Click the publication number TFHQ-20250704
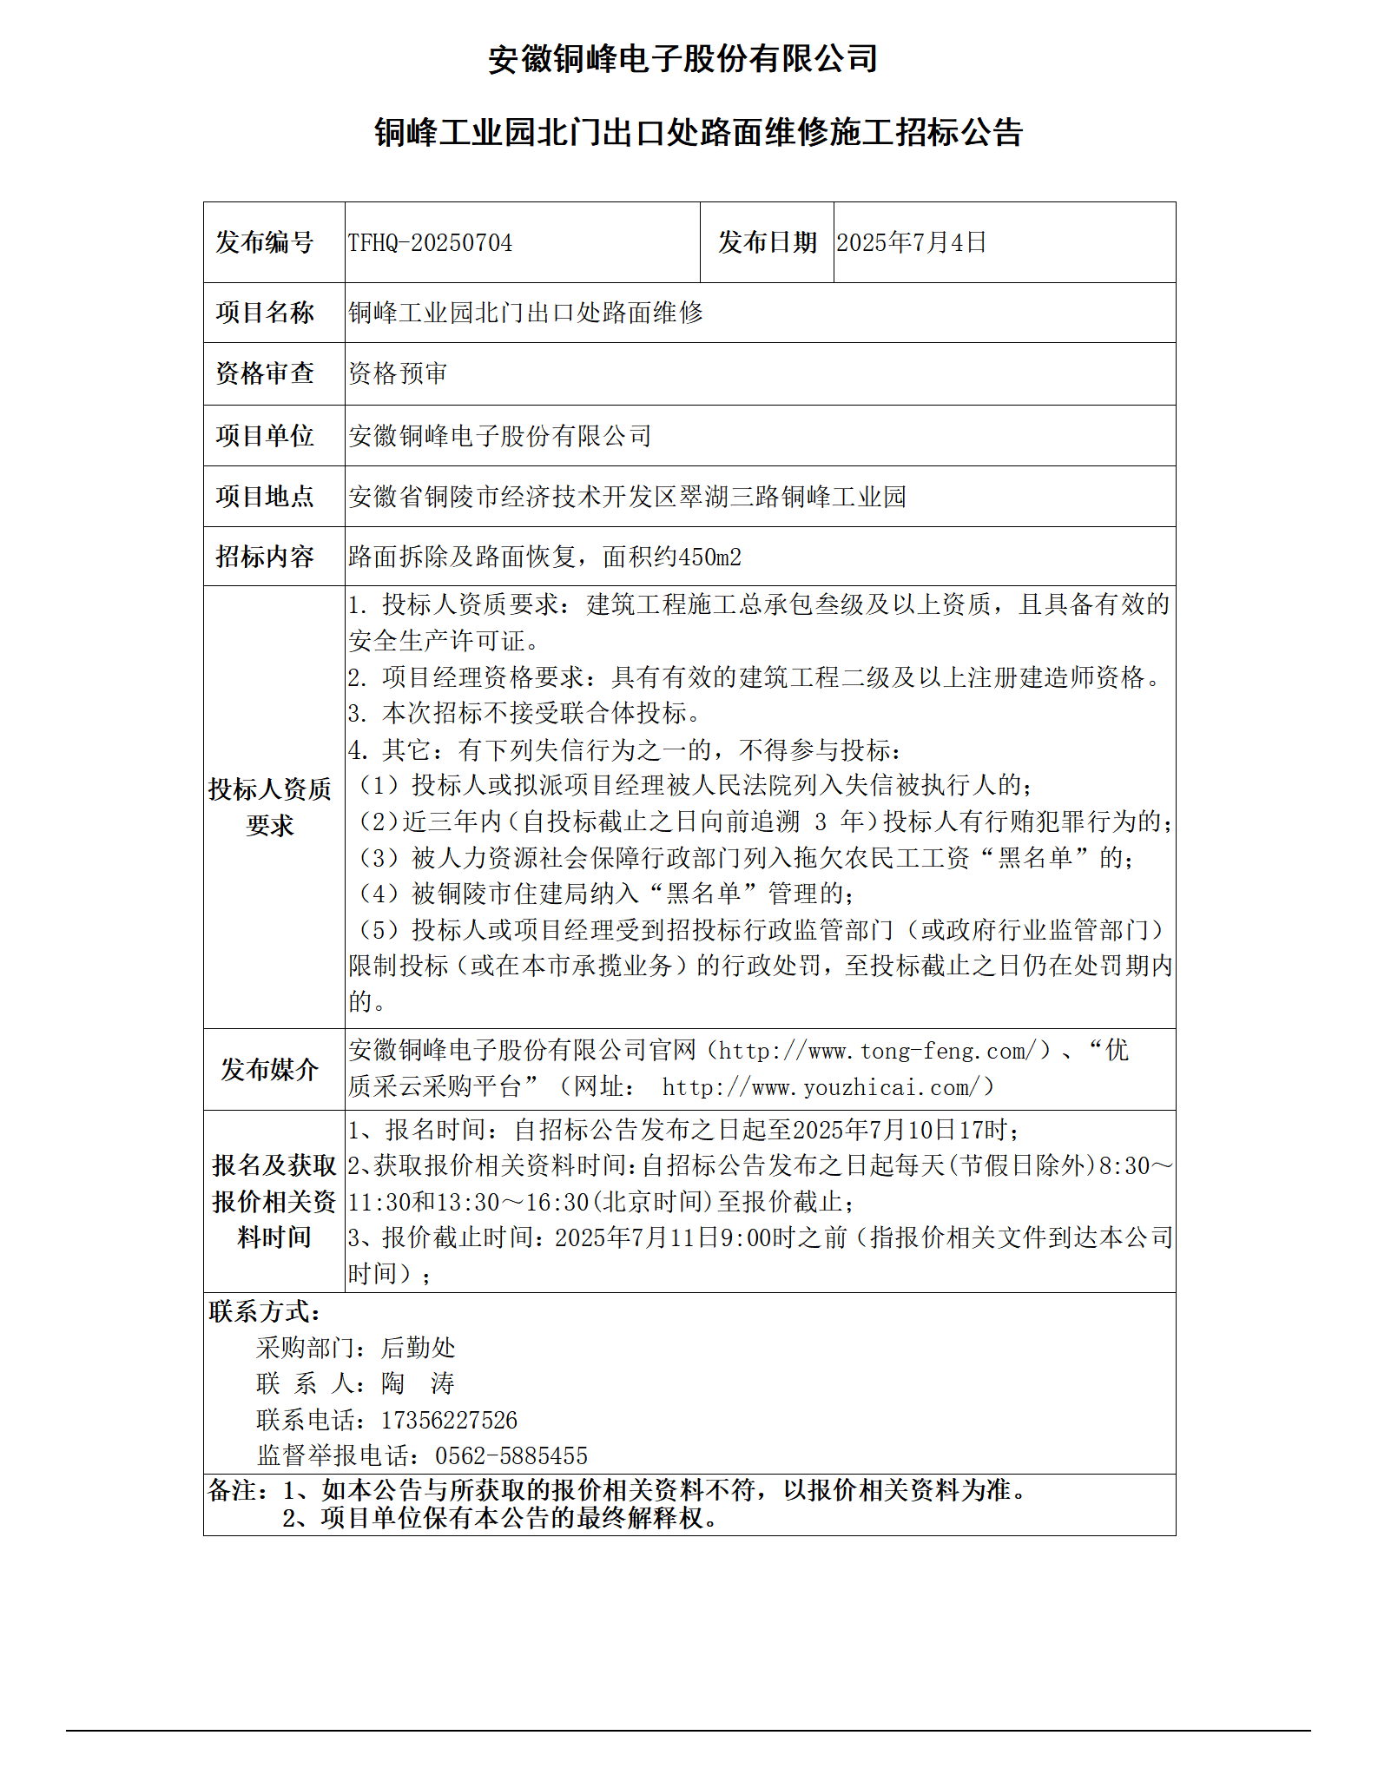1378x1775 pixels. [x=431, y=242]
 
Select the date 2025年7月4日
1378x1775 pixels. [x=911, y=242]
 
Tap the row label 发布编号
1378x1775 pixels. [x=265, y=242]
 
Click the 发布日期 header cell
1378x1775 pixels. [x=767, y=242]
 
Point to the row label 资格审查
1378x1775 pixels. [x=265, y=373]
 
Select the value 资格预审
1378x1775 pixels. [x=398, y=373]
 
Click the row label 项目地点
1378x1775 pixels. [x=265, y=497]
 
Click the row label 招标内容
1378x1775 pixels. [x=265, y=557]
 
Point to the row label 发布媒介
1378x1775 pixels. [x=269, y=1069]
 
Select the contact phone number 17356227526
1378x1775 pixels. [x=449, y=1421]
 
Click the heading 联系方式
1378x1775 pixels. [x=264, y=1311]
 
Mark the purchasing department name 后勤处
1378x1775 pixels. [x=418, y=1348]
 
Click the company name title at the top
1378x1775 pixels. [x=682, y=59]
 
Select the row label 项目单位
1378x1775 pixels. [x=265, y=436]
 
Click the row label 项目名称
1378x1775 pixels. [x=265, y=313]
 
